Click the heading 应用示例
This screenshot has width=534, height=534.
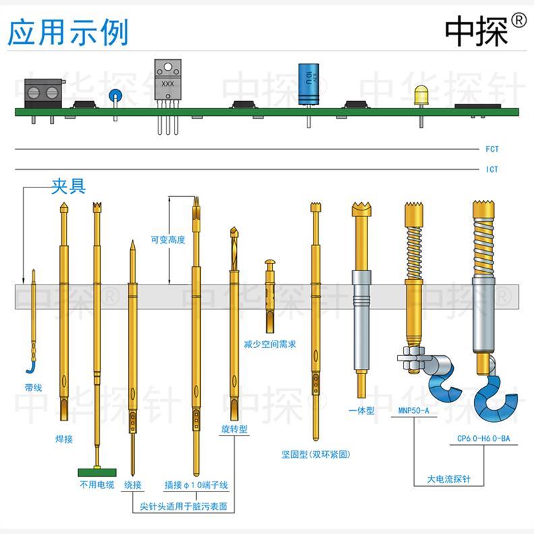(68, 32)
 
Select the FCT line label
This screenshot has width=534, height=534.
(492, 149)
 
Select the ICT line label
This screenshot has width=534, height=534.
(492, 169)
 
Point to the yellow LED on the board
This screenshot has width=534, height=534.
(421, 96)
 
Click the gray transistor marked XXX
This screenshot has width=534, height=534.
(168, 81)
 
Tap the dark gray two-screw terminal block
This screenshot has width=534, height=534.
(44, 93)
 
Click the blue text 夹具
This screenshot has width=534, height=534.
(69, 187)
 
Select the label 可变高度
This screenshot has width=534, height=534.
(167, 239)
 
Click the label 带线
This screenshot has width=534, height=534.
(33, 387)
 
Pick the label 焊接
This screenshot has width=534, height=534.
(63, 439)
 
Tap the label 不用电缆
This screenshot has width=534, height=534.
(97, 485)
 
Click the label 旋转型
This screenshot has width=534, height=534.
(234, 429)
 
